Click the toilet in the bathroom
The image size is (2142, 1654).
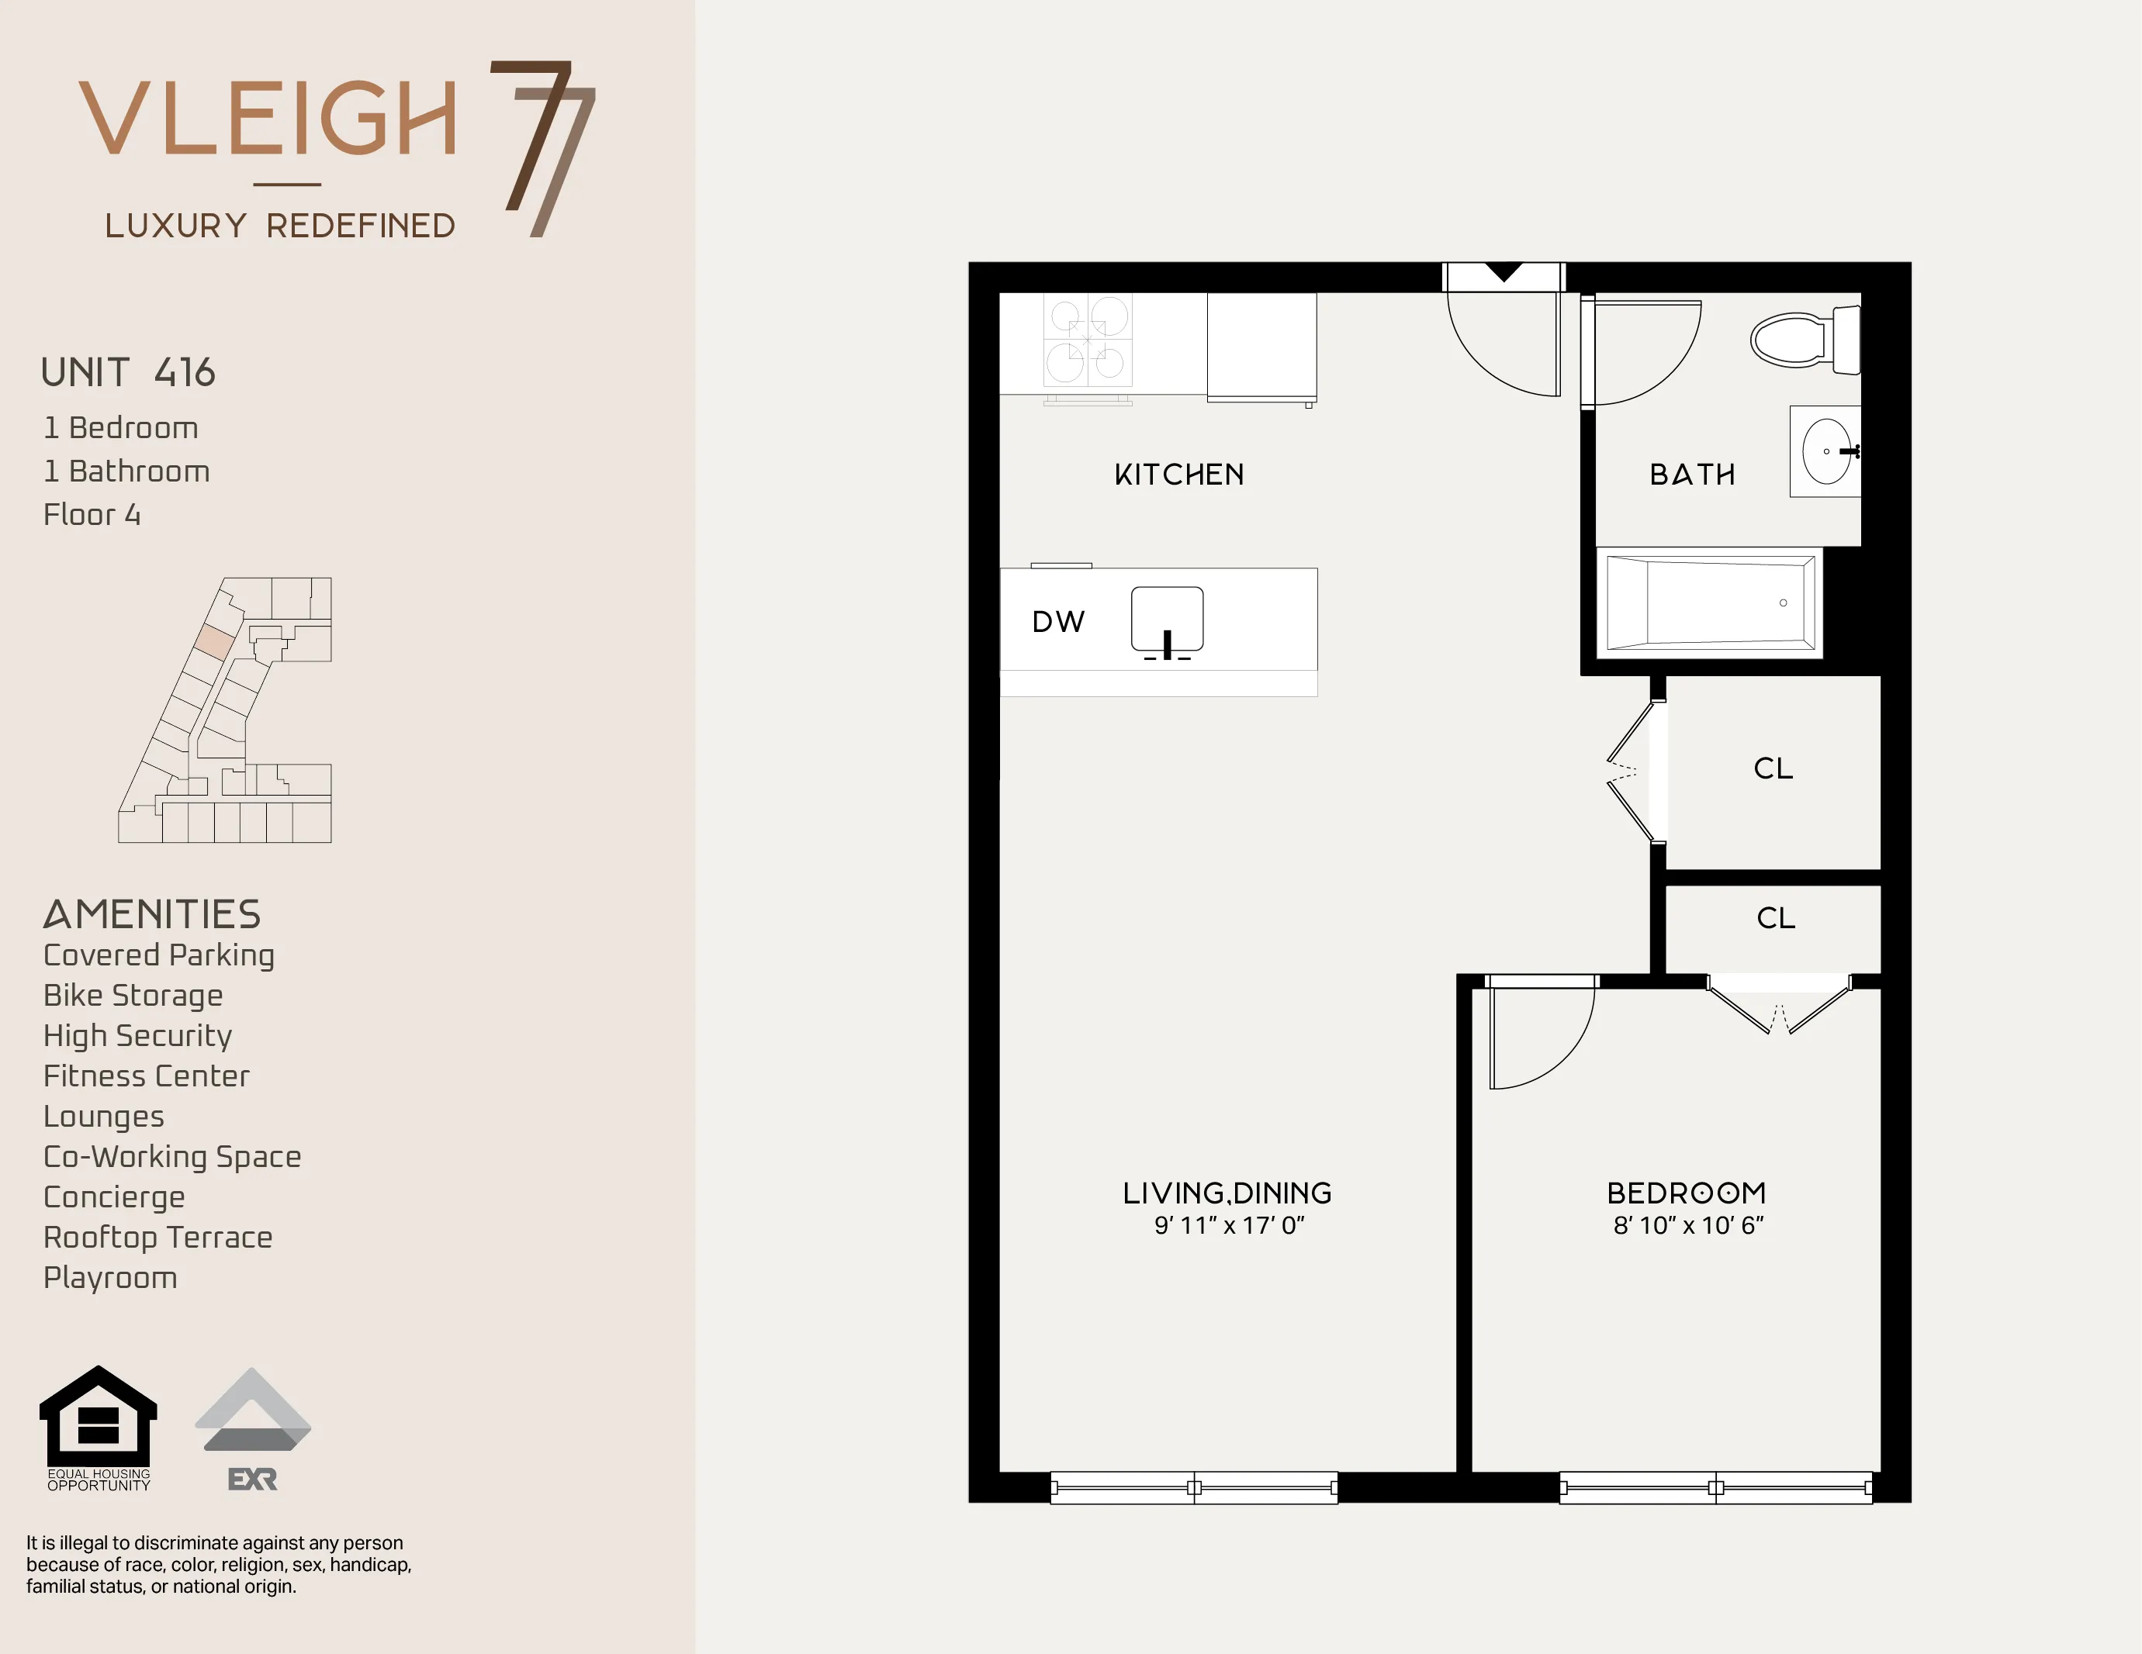point(1803,339)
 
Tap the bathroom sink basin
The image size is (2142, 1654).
point(1826,452)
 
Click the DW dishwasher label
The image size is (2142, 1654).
point(1058,622)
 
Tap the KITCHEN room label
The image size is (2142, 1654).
point(1179,475)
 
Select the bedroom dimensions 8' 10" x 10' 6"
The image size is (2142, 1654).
point(1688,1225)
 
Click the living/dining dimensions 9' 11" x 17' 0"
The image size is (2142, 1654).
point(1228,1225)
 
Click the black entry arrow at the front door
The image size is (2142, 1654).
point(1504,271)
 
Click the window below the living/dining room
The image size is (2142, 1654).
point(1194,1487)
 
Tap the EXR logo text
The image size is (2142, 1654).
point(252,1480)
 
